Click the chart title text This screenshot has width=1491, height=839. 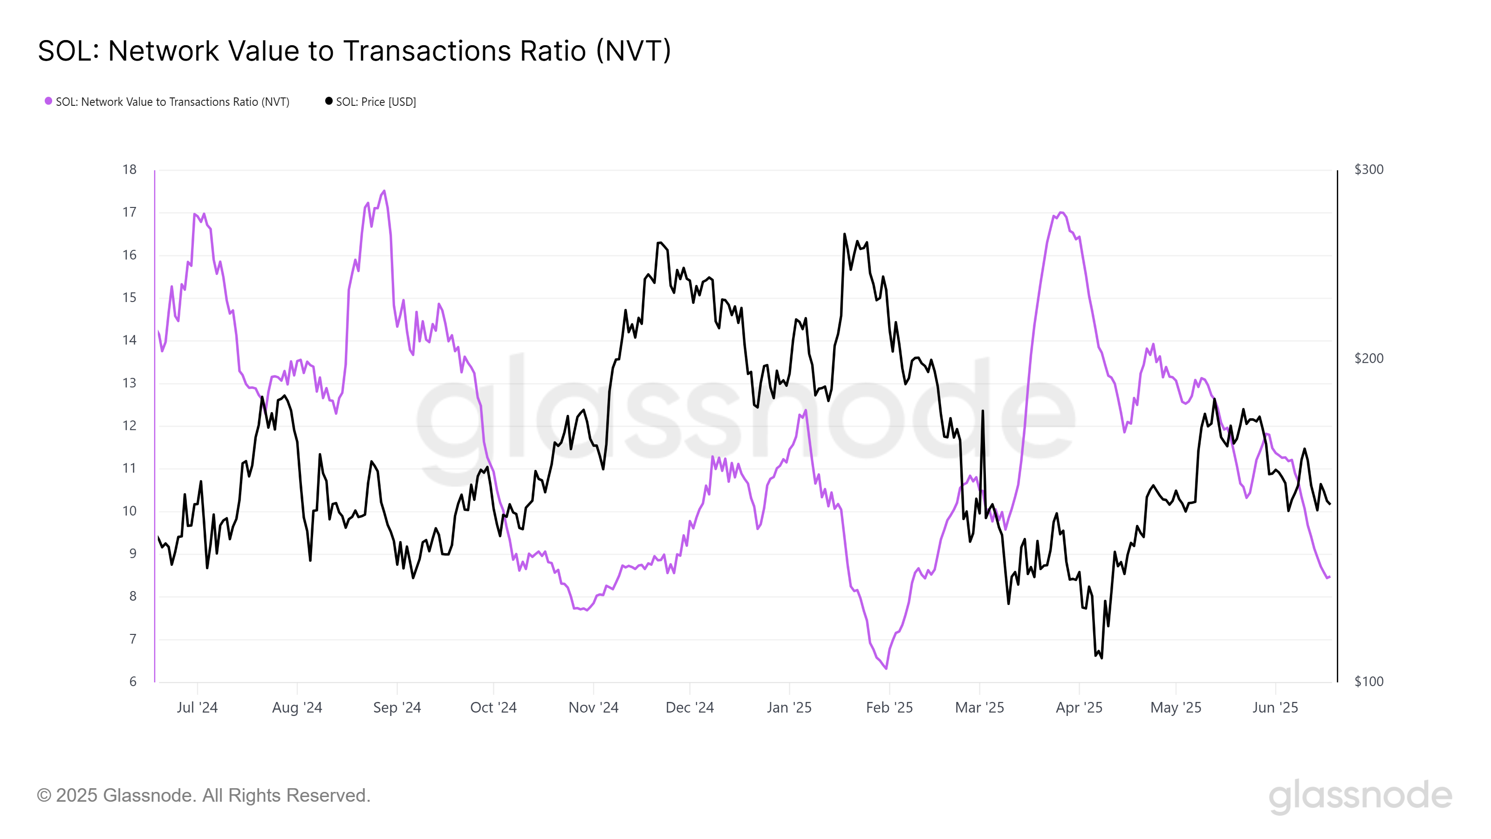coord(354,51)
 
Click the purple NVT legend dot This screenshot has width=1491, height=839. coord(48,101)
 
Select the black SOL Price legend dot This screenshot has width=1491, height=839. coord(329,101)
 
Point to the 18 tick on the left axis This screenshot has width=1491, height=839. coord(129,170)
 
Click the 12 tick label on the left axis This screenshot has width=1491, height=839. coord(129,426)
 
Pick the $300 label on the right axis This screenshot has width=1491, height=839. coord(1369,170)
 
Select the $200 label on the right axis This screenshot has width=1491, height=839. coord(1369,358)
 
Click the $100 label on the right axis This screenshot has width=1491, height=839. coord(1369,681)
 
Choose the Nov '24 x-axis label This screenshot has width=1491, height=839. coord(593,708)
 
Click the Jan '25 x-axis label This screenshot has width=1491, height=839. coord(789,708)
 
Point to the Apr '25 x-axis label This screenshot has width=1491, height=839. coord(1079,708)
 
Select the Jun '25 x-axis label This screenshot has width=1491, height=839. coord(1275,708)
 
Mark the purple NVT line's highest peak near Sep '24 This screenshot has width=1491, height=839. coord(384,191)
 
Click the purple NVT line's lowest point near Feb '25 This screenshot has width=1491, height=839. coord(886,669)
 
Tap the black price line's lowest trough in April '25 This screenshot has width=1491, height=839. coord(1101,658)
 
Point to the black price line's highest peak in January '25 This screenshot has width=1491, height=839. coord(844,234)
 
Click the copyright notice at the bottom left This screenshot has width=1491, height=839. coord(203,796)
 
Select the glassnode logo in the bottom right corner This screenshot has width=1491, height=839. coord(1360,796)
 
